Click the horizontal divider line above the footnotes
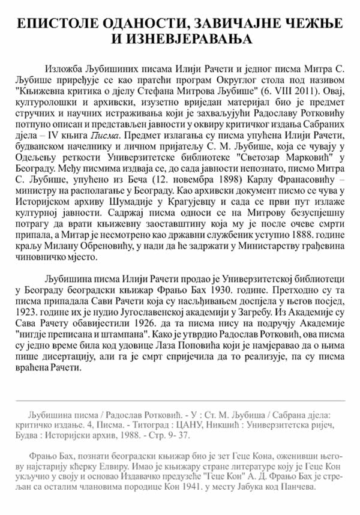tap(180, 400)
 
